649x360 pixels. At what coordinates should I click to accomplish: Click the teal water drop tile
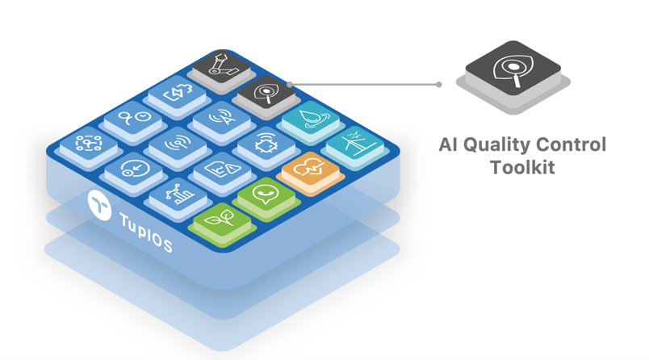pos(310,119)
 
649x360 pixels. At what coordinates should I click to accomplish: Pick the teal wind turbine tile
pos(354,145)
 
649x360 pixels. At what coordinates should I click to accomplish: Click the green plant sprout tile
pos(220,218)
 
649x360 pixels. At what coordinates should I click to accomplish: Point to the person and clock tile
pos(133,119)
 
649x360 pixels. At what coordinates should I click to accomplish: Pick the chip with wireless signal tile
pos(265,144)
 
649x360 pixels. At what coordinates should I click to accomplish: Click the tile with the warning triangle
pos(220,170)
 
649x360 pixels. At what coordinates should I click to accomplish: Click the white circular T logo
pos(99,205)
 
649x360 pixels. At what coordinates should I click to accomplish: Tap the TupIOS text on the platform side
pos(145,232)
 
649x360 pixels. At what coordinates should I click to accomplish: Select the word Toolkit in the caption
pos(522,168)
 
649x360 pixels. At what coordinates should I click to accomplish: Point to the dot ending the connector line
pos(438,84)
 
